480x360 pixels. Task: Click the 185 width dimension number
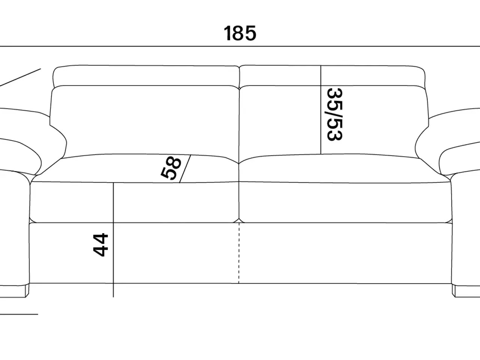point(240,33)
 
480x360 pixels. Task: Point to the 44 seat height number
point(100,245)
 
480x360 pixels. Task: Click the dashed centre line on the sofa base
point(239,253)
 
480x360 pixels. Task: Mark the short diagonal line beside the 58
point(185,169)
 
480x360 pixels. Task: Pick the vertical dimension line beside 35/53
point(321,109)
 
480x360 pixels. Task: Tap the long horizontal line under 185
point(240,46)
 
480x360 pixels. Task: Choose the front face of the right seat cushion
point(345,202)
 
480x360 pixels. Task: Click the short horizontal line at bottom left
point(19,314)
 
